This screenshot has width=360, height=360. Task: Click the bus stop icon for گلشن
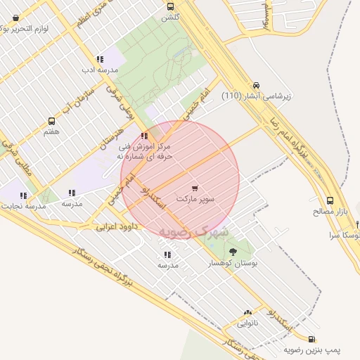(x=170, y=6)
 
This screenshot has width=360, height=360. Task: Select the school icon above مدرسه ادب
(x=99, y=60)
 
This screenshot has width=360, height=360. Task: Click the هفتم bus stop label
(x=51, y=131)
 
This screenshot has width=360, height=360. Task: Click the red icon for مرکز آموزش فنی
(x=144, y=136)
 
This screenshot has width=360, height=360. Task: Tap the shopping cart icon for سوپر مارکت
(x=195, y=188)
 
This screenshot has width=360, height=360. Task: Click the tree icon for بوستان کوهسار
(x=233, y=251)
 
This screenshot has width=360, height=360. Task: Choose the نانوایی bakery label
(x=247, y=324)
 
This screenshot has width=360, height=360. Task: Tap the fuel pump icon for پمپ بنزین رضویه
(x=292, y=339)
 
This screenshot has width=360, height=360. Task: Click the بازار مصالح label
(x=330, y=211)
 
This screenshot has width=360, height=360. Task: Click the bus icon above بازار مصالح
(x=330, y=200)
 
